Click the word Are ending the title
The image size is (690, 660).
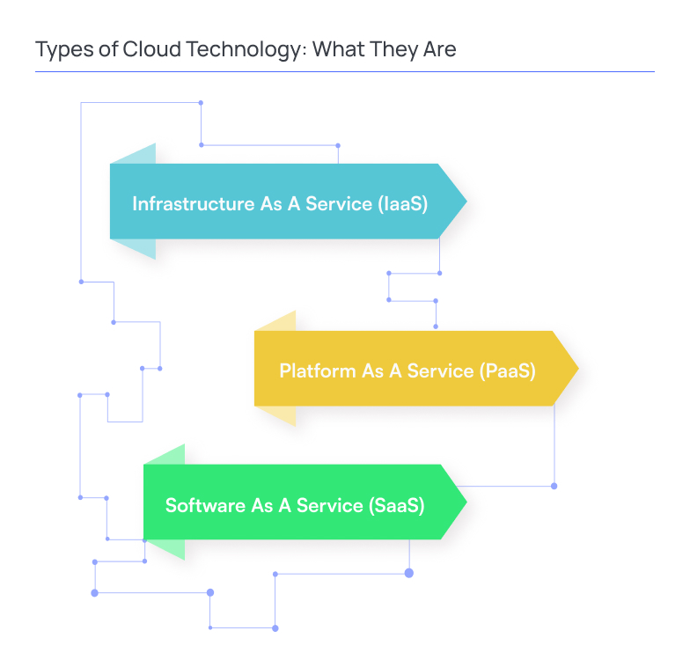point(438,48)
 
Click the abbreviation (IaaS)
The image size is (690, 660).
point(403,204)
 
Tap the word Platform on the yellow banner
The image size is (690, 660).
point(318,370)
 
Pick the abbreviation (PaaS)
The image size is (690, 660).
point(509,370)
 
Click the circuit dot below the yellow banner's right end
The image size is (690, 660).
point(554,486)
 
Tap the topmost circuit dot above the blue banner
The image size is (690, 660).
point(201,103)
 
